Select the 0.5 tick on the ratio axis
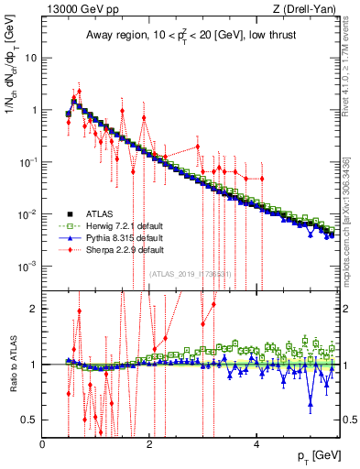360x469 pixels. click(31, 420)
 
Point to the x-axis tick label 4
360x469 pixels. click(256, 444)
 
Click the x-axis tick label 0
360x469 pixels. click(43, 444)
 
